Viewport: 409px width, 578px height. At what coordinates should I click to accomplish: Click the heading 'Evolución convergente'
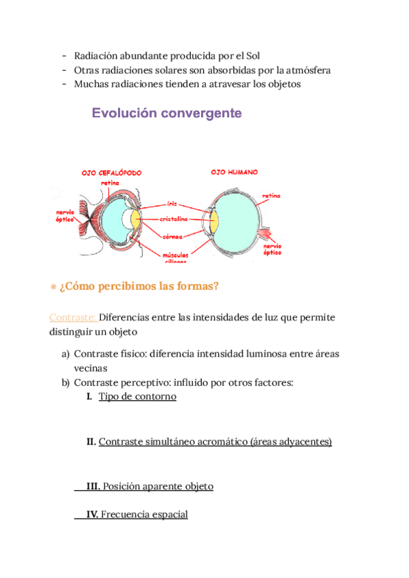pyautogui.click(x=167, y=113)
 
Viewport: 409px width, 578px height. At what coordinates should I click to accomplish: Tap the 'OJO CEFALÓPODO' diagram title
pyautogui.click(x=112, y=173)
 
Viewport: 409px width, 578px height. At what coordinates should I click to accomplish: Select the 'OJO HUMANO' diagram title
pyautogui.click(x=234, y=172)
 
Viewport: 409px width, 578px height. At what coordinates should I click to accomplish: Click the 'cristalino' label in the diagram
pyautogui.click(x=176, y=219)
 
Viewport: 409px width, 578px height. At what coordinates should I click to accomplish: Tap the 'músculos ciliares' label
pyautogui.click(x=176, y=256)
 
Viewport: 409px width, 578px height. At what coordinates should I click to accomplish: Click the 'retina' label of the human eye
pyautogui.click(x=271, y=196)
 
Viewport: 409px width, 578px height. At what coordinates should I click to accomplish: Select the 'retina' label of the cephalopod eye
pyautogui.click(x=110, y=183)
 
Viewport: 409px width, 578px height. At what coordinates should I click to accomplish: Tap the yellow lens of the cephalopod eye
pyautogui.click(x=136, y=219)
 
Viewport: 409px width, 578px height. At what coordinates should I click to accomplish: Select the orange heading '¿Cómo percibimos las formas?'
pyautogui.click(x=139, y=286)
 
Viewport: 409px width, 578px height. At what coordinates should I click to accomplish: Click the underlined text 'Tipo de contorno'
pyautogui.click(x=137, y=396)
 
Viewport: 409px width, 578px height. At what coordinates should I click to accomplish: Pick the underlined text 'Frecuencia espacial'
pyautogui.click(x=144, y=515)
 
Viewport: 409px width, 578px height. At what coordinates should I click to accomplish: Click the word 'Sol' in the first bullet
pyautogui.click(x=252, y=55)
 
